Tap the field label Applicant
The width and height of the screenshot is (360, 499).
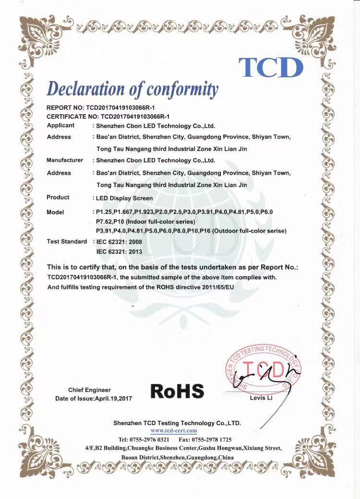[x=60, y=125]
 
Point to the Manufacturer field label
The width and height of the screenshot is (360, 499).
[x=65, y=160]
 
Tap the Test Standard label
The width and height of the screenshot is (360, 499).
[x=67, y=241]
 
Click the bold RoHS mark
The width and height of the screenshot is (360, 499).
[x=177, y=391]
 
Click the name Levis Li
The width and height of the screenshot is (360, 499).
[x=261, y=398]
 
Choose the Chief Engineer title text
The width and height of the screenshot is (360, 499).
[x=89, y=390]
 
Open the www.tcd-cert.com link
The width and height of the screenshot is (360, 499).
[x=178, y=431]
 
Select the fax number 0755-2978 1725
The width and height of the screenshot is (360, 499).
[x=212, y=440]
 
